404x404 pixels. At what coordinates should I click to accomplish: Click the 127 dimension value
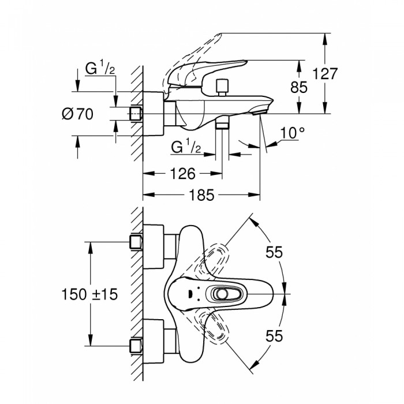pos(324,74)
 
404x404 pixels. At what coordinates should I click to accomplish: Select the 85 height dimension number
pos(299,87)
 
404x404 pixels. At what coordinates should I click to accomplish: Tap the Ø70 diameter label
pos(77,114)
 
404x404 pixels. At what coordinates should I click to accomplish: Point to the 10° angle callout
pos(292,133)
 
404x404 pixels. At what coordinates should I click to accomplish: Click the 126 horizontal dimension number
pos(183,174)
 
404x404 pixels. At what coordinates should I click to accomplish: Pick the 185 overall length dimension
pos(201,195)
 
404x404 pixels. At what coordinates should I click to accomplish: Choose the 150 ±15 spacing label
pos(89,294)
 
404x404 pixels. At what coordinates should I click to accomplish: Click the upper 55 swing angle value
pos(274,252)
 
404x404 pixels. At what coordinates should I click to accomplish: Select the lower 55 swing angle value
pos(274,336)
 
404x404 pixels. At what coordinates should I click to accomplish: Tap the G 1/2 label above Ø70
pos(100,68)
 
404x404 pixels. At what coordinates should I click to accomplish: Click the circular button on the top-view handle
pos(221,294)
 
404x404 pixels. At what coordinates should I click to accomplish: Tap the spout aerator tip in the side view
pos(259,113)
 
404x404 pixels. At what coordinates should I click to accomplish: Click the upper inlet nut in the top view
pos(136,242)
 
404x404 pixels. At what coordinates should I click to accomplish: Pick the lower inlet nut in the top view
pos(136,346)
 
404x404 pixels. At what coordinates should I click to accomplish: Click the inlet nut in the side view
pos(136,114)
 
